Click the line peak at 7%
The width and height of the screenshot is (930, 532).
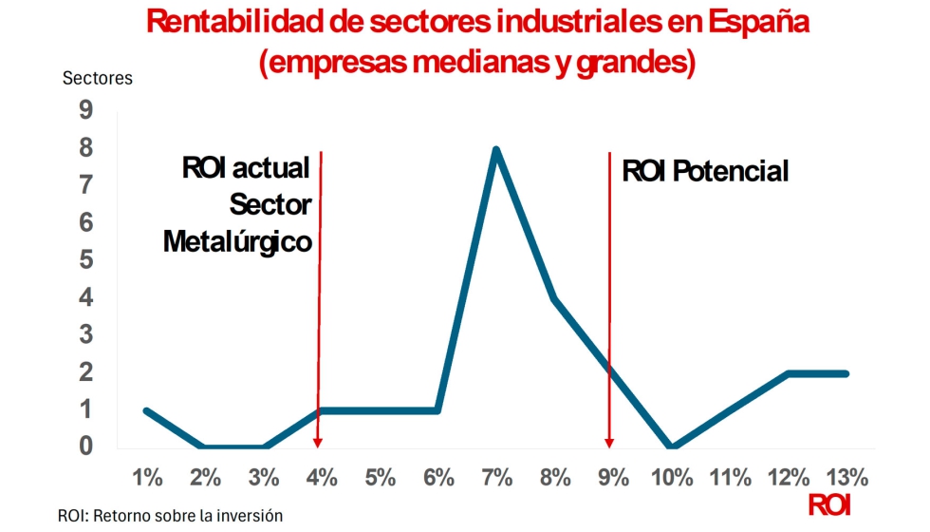click(495, 149)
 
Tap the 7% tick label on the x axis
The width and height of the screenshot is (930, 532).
click(496, 477)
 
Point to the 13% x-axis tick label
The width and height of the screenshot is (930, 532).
click(846, 477)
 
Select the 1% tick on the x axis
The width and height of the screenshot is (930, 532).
click(147, 477)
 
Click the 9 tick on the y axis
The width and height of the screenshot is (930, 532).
click(85, 111)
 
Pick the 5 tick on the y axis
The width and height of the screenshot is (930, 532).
click(85, 260)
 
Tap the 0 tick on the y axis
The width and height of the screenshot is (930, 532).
click(85, 446)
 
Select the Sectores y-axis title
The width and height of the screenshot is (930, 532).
click(97, 78)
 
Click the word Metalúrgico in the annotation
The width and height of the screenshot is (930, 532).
click(237, 241)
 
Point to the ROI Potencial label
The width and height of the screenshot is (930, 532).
click(705, 171)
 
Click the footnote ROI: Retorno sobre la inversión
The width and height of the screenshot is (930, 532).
click(171, 515)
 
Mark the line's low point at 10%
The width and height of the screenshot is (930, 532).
click(672, 446)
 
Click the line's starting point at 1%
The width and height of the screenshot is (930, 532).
click(146, 410)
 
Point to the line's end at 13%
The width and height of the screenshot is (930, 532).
click(846, 373)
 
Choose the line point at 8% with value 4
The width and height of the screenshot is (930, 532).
click(554, 298)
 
